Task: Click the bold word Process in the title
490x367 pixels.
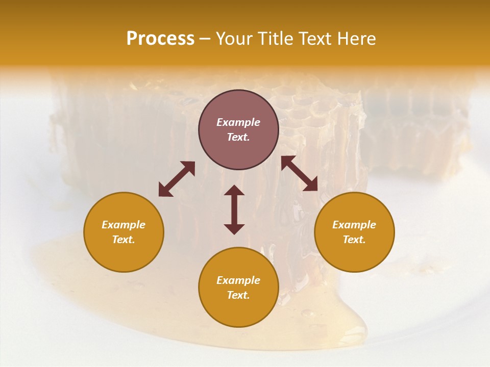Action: [x=160, y=39]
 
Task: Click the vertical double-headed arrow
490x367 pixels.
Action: [x=234, y=209]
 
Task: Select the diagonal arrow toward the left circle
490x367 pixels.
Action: [x=177, y=179]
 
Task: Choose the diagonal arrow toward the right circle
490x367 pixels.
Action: [x=300, y=173]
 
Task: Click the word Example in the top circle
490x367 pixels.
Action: [x=238, y=122]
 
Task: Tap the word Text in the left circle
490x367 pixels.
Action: [x=124, y=240]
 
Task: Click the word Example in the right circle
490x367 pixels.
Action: [x=354, y=225]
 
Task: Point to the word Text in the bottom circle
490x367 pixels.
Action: [x=238, y=295]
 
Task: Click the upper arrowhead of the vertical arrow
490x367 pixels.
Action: [x=234, y=191]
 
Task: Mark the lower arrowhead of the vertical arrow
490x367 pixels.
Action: [x=234, y=229]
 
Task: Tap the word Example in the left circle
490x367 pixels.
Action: [x=124, y=225]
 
